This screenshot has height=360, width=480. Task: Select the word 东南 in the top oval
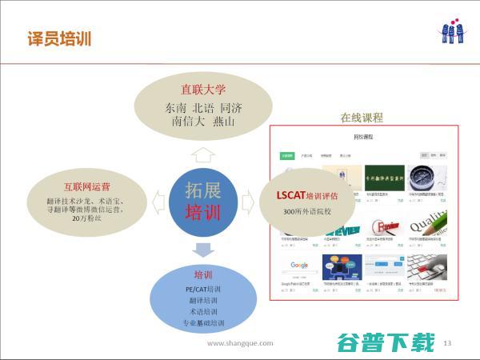[x=176, y=107]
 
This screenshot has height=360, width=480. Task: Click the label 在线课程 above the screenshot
[x=362, y=118]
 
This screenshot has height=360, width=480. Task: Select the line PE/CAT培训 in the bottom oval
[x=204, y=288]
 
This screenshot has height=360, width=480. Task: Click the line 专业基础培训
[x=204, y=324]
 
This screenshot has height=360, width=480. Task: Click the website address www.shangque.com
[x=240, y=343]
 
